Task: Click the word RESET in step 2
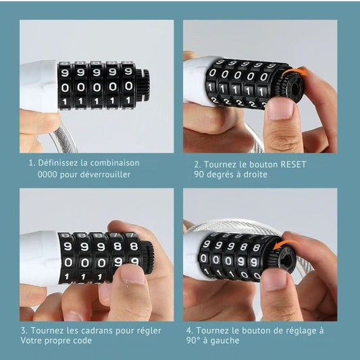[x=294, y=164]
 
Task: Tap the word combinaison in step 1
[x=115, y=163]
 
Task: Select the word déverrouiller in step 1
[x=105, y=174]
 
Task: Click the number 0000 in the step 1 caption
[x=47, y=174]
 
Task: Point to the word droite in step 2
[x=255, y=174]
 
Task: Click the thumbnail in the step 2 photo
[x=281, y=109]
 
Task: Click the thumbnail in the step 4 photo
[x=274, y=279]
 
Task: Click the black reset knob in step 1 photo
[x=143, y=85]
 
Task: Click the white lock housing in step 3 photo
[x=40, y=258]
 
